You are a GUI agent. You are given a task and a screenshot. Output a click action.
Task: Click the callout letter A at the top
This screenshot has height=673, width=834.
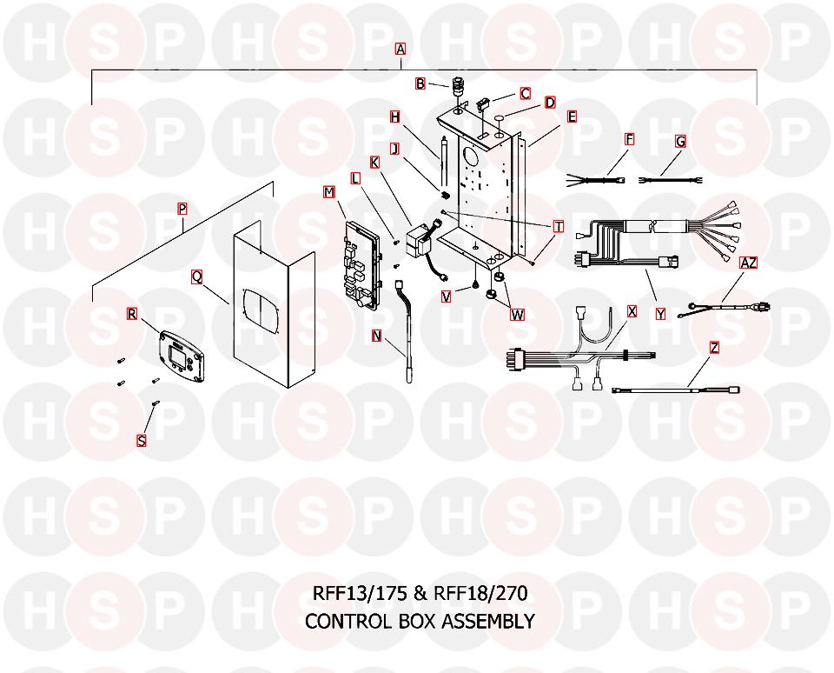[400, 49]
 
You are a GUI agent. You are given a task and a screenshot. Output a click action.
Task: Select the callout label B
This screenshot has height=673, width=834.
[420, 83]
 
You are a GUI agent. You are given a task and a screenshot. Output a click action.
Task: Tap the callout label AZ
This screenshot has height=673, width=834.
[748, 263]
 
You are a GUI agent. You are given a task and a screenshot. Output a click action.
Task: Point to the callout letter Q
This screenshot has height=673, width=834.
[197, 277]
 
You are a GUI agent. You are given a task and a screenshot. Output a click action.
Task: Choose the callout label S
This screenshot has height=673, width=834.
[142, 441]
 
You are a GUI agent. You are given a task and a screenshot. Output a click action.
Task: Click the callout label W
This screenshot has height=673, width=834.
[517, 315]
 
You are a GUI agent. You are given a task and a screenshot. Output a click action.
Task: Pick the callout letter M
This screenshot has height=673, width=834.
[329, 191]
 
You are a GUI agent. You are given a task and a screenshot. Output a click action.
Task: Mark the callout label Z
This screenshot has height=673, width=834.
[714, 348]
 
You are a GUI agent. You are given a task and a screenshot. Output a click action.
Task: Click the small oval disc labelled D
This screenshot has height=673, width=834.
[500, 117]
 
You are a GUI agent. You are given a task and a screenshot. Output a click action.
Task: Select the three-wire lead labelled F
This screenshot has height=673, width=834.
[596, 180]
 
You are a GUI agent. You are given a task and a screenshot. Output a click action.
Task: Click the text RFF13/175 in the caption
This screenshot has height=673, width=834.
[360, 593]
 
